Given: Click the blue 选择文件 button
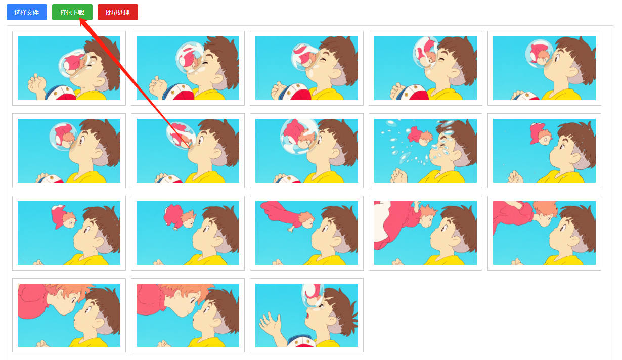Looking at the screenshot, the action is point(27,12).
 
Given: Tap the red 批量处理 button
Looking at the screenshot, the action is point(118,12).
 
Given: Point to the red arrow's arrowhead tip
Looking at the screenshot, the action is point(80,18).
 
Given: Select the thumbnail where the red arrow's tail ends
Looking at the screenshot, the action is point(188,151).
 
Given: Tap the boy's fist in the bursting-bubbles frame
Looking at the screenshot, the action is point(398,175).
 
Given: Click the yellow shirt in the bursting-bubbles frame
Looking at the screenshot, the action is point(443,176).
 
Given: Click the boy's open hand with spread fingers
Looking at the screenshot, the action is point(270,324).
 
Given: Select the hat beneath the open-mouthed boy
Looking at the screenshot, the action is point(302,341).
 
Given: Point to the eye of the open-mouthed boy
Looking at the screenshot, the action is point(322,306).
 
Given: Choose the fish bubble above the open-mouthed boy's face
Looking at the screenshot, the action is point(313,295).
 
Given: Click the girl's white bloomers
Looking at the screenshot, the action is point(382,222).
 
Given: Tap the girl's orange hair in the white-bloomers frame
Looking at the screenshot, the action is point(428,211).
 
